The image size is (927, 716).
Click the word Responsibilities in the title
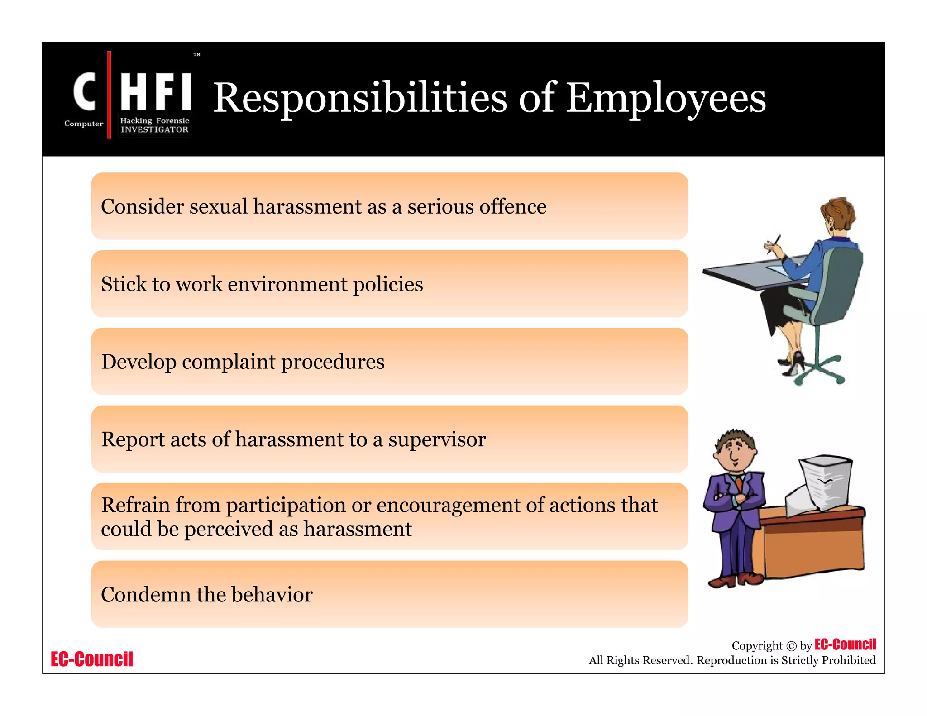tap(360, 99)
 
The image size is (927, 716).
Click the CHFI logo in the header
tap(131, 95)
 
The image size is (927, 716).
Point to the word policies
tap(388, 285)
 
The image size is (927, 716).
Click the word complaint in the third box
tap(229, 362)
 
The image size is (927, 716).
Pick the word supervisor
tap(437, 439)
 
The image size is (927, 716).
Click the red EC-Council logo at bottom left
tap(92, 659)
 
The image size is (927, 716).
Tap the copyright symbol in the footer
tap(791, 646)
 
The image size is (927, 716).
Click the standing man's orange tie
tap(739, 483)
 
